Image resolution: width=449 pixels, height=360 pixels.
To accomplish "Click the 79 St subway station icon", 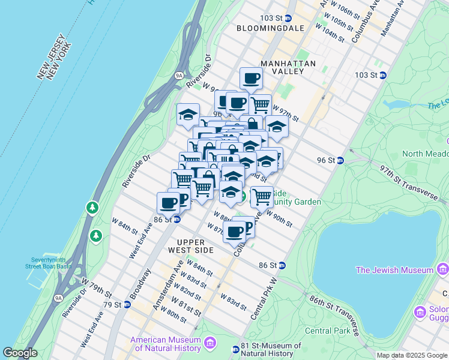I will click(x=127, y=304).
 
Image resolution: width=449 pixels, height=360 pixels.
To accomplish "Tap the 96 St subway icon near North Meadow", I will click(x=340, y=160).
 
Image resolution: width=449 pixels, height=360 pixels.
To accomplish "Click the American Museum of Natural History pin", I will click(x=210, y=343).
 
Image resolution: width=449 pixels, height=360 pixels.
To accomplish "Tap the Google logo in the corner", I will click(x=20, y=353).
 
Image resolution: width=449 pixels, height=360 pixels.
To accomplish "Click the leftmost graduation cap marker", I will click(x=188, y=113).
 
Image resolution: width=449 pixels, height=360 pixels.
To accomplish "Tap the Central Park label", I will click(x=327, y=331).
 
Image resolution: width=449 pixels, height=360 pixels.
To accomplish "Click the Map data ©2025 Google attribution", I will click(x=412, y=355).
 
